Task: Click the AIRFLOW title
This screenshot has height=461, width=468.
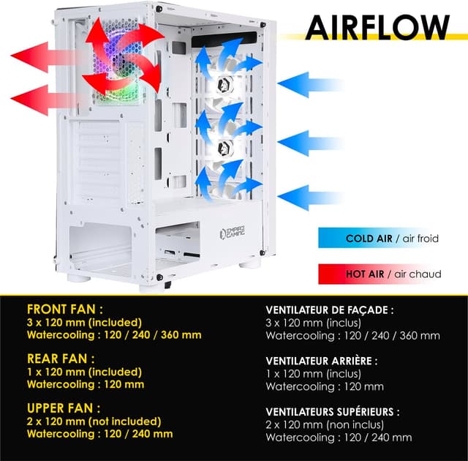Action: (377, 27)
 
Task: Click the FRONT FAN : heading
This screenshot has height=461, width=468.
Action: (65, 309)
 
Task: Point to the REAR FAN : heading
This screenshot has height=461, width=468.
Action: (61, 359)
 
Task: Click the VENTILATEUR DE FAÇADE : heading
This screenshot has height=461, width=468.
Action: (330, 310)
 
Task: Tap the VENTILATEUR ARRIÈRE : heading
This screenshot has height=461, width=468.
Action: (322, 361)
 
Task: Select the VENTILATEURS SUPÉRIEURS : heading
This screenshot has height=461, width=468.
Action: (333, 411)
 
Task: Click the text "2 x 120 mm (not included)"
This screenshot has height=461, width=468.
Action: (94, 421)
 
